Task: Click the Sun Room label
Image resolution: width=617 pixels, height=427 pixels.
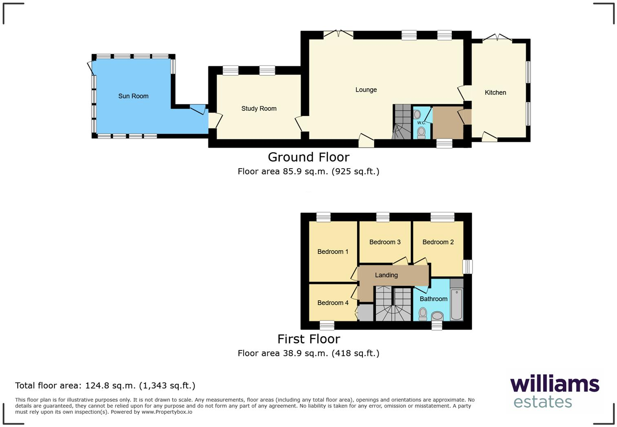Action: tap(133, 96)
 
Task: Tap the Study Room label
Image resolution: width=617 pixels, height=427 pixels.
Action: tap(259, 108)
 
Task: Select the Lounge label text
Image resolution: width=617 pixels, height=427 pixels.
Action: tap(366, 90)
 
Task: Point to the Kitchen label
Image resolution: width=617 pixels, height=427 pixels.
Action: tap(495, 92)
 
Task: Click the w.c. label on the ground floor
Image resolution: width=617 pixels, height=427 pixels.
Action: tap(421, 123)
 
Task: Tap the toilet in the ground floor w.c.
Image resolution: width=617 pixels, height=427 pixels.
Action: tap(421, 132)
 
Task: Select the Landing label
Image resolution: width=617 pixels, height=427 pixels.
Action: tap(386, 275)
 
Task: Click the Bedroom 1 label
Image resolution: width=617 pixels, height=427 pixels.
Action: tap(333, 252)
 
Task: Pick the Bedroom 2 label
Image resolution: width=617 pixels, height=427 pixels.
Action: tap(438, 242)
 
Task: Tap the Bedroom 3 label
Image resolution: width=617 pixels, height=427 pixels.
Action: tap(385, 242)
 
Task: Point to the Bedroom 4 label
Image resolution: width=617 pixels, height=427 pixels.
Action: tap(333, 303)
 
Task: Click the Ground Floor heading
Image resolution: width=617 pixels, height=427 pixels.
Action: tap(308, 157)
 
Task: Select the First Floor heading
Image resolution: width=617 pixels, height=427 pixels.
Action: tap(308, 339)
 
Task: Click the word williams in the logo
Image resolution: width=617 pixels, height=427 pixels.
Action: tap(554, 384)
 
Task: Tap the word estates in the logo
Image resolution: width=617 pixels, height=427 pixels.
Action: tap(542, 402)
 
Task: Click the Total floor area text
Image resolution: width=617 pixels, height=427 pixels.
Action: tap(105, 385)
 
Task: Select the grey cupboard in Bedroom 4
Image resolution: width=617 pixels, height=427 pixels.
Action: tap(365, 313)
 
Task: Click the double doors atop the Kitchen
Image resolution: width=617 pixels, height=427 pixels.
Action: tap(497, 39)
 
